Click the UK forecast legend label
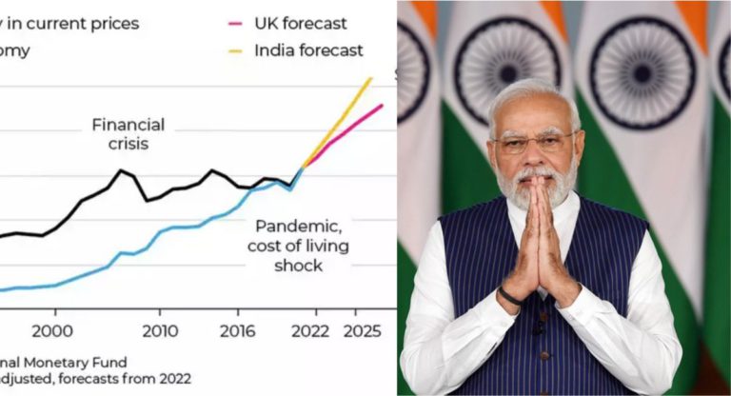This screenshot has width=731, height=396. point(300,23)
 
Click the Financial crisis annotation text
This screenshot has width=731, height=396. point(128,134)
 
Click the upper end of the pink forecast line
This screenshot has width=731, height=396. point(382,106)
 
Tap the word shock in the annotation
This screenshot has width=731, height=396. point(298,266)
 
